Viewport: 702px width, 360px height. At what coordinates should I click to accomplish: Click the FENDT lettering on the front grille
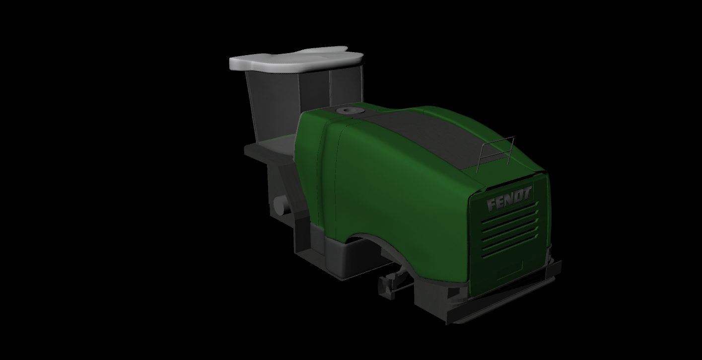click(x=509, y=199)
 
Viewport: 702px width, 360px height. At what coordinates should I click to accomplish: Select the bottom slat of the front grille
click(x=510, y=246)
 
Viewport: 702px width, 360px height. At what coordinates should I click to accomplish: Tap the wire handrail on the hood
click(x=495, y=153)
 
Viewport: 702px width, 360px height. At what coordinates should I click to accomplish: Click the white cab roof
click(x=296, y=60)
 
